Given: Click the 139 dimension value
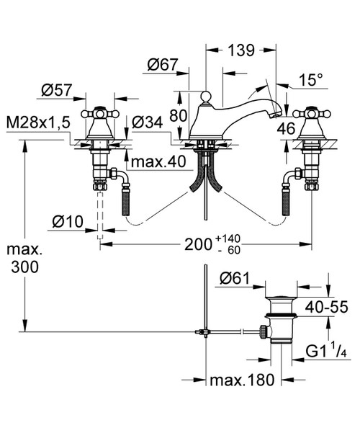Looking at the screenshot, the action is pos(240,50).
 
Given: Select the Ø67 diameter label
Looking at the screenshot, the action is pos(162,65).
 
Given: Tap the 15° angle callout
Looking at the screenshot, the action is pos(310,80).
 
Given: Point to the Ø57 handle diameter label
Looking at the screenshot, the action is pos(57,90).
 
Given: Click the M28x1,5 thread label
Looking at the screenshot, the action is pos(38,122).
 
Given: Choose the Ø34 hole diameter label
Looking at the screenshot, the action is pos(148,122).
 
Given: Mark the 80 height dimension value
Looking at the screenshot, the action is pos(178,116).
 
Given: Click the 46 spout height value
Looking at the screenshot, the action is pos(287,129).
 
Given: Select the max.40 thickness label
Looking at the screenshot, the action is pos(158,162).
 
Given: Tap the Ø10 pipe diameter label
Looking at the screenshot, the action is pos(68,221).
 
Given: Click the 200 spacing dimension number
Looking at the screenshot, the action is pos(198,244).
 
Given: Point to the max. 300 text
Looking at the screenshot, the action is pos(25,258).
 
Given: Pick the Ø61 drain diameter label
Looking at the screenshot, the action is pos(235,279).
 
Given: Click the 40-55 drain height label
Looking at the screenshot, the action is pos(327,307).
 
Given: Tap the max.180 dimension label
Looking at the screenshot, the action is pos(242,380).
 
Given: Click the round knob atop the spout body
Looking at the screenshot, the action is pos(206,96).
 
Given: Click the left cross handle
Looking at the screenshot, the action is pos(101,113).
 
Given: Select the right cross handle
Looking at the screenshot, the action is pos(312,113).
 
